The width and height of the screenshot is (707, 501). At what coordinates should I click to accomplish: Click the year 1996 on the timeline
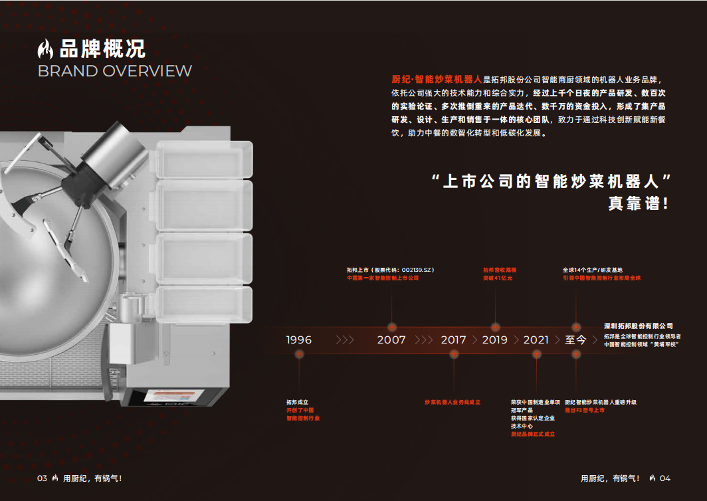tap(299, 340)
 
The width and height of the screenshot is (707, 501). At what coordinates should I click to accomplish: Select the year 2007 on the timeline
tap(391, 340)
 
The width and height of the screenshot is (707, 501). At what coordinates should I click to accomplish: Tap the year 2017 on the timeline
tap(454, 340)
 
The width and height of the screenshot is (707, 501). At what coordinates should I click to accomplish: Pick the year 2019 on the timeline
tap(495, 340)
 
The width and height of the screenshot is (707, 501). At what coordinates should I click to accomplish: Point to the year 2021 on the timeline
tap(536, 340)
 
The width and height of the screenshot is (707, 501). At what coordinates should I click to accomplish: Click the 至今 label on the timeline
tap(576, 340)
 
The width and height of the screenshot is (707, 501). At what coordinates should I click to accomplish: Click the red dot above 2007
tap(392, 326)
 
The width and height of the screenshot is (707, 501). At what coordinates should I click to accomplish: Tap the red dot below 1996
tap(299, 355)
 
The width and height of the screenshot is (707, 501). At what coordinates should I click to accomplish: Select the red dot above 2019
tap(495, 326)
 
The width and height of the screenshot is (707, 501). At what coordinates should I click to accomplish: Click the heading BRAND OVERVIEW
tap(115, 71)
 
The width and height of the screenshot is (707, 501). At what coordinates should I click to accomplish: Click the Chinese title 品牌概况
tap(102, 49)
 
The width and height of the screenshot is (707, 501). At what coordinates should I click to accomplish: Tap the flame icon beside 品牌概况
tap(46, 49)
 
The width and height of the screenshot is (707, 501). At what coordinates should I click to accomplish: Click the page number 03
tap(42, 478)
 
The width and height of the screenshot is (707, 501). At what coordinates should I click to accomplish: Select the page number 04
tap(665, 478)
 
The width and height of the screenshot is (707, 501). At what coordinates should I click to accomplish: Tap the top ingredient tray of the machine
tap(205, 159)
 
